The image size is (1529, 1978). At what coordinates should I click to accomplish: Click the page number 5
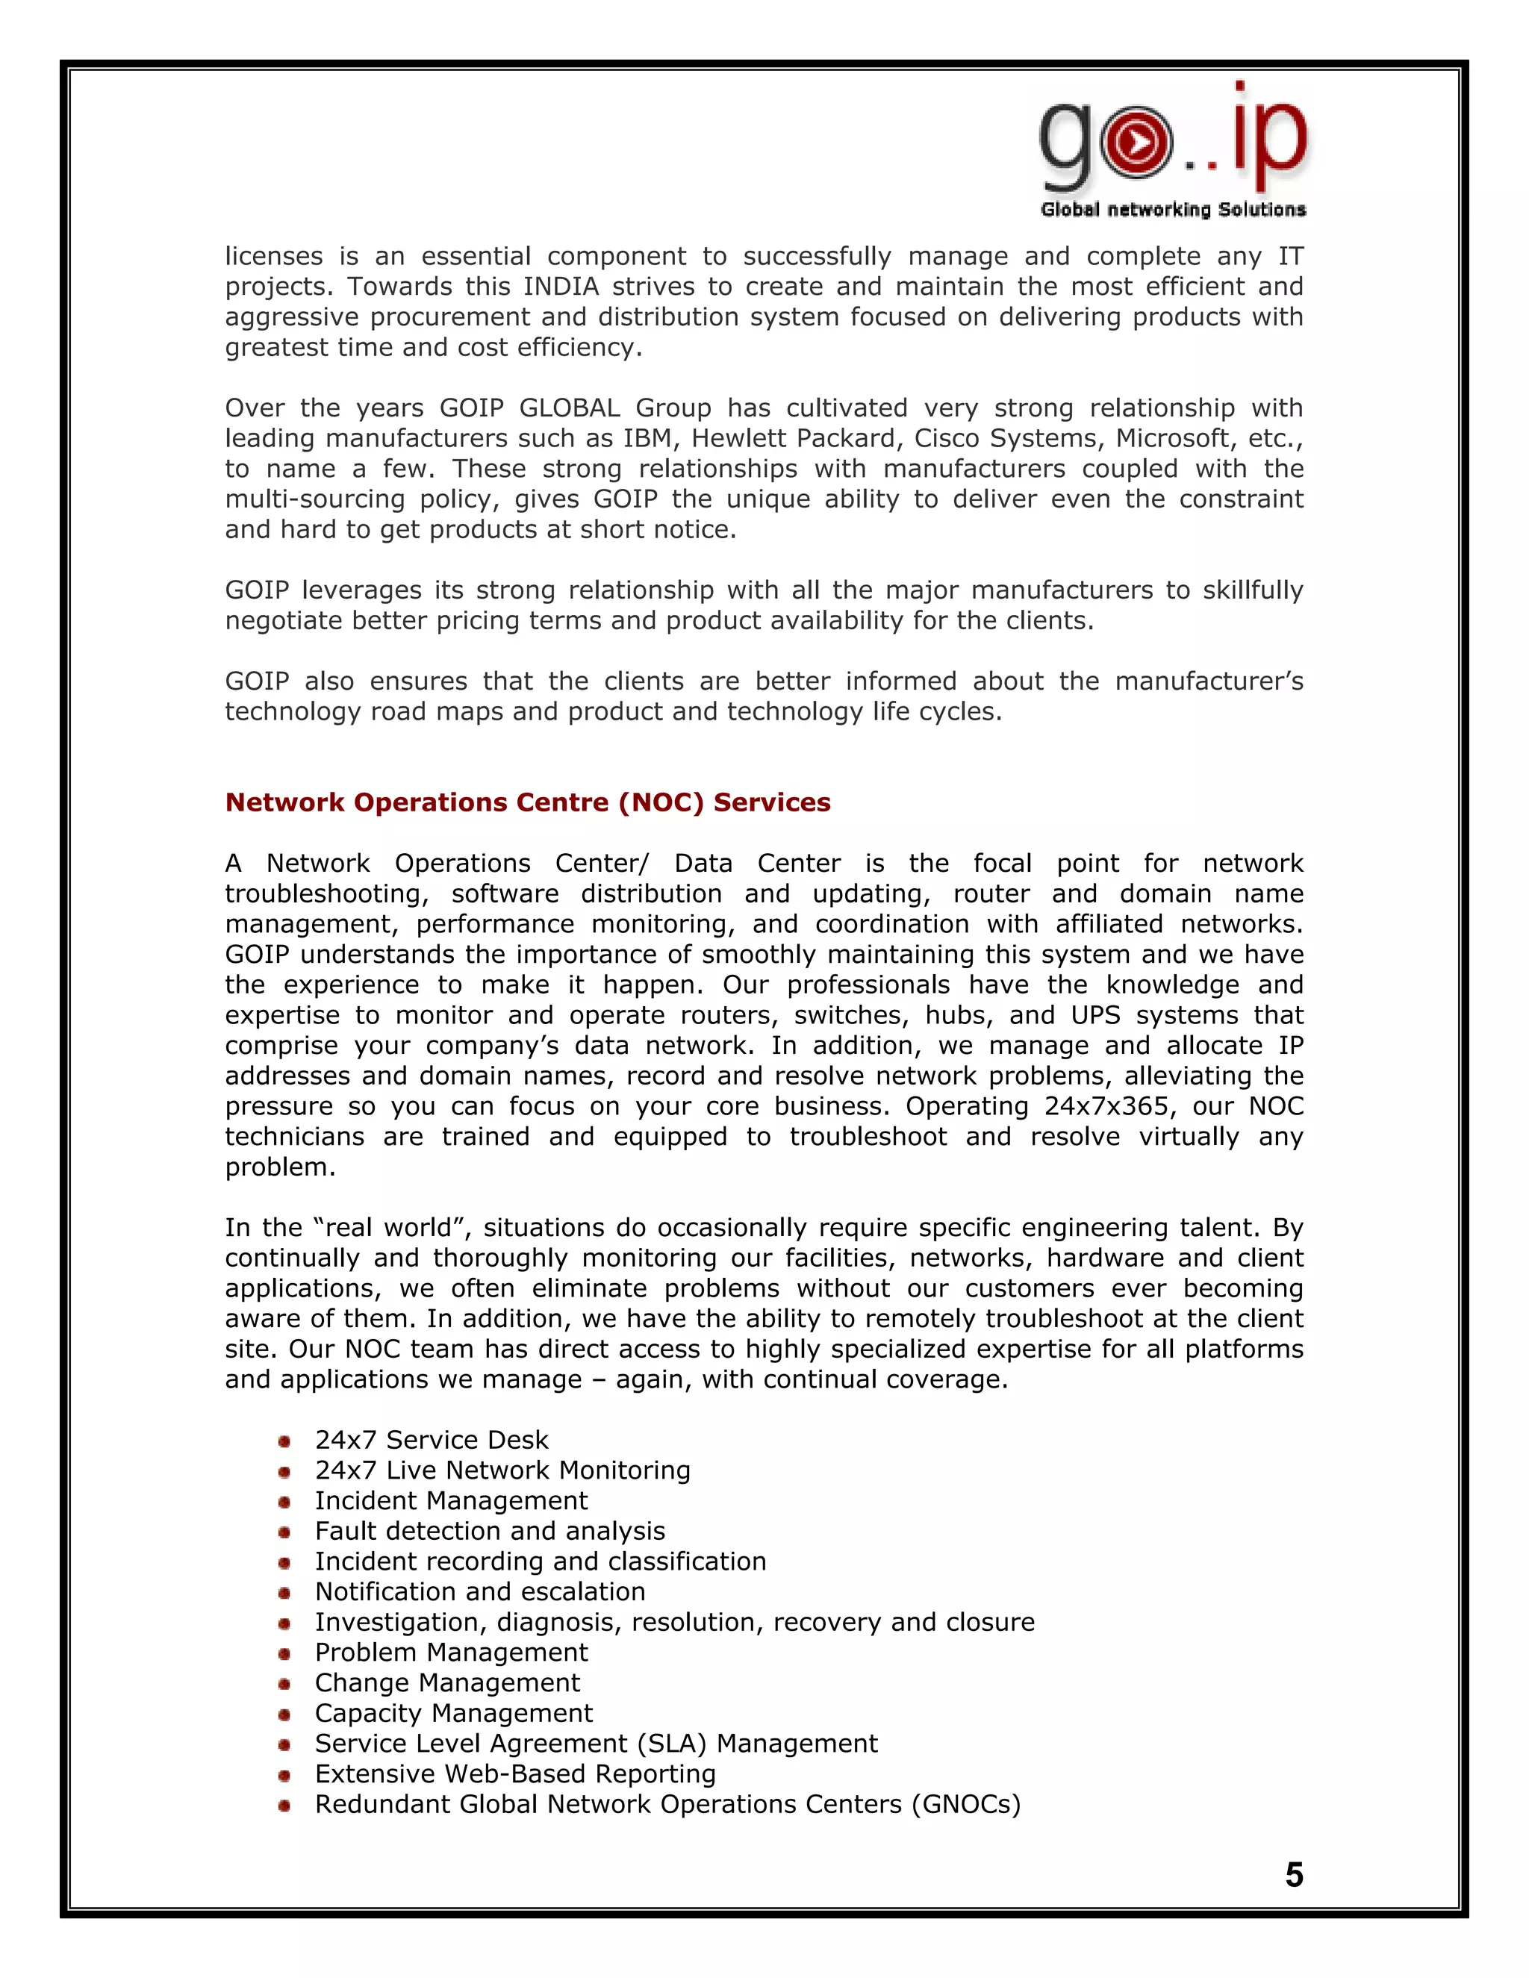[1294, 1875]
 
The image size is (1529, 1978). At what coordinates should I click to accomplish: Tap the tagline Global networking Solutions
[1172, 210]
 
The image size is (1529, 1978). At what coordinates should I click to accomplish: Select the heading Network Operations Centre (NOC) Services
[527, 802]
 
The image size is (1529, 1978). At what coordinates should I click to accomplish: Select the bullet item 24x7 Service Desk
[432, 1440]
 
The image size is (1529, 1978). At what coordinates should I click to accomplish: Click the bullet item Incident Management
[451, 1501]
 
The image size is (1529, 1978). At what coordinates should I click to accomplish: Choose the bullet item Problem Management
[451, 1653]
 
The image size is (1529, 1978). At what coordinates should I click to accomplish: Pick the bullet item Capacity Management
[453, 1714]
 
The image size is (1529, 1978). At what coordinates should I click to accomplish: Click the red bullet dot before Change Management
[284, 1685]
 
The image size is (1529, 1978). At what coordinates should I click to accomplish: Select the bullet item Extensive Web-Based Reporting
[514, 1774]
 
